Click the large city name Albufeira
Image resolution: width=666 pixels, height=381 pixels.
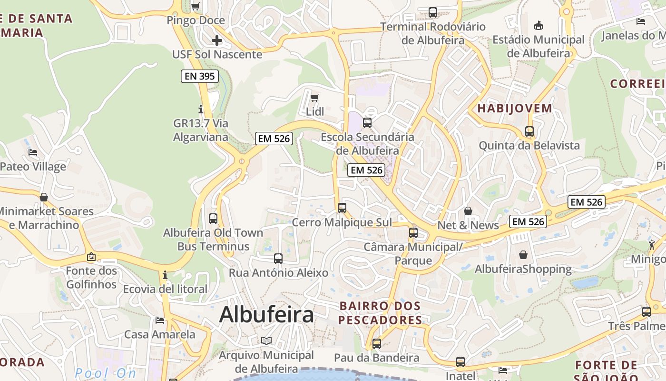click(266, 315)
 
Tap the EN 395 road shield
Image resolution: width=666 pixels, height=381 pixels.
click(200, 76)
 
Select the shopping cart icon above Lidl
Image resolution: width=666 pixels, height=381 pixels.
click(314, 98)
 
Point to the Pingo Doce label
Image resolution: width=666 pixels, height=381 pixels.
click(196, 20)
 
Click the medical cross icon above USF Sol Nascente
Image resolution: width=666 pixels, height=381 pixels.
click(216, 40)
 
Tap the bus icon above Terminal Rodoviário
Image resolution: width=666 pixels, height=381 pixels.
click(432, 12)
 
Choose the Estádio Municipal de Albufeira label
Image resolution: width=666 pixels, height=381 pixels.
click(538, 46)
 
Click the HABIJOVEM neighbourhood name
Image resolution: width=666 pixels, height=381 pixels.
click(515, 109)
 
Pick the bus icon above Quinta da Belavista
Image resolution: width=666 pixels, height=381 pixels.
click(529, 131)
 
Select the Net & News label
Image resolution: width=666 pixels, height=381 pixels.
click(468, 225)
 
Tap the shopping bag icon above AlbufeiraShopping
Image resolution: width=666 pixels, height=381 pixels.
click(523, 255)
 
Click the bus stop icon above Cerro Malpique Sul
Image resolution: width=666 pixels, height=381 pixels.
click(342, 208)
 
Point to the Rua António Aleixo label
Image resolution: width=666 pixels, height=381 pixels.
click(278, 273)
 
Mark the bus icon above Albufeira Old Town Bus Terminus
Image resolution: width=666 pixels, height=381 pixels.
click(213, 219)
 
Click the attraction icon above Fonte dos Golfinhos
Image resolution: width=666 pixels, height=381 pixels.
click(91, 257)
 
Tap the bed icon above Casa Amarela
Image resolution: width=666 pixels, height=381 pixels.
click(160, 321)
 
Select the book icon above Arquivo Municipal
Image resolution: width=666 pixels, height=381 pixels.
click(266, 341)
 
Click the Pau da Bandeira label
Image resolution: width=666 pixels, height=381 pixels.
click(376, 358)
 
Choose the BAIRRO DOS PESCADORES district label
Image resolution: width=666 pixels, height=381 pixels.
click(380, 313)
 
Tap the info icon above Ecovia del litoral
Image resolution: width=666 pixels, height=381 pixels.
click(165, 275)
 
